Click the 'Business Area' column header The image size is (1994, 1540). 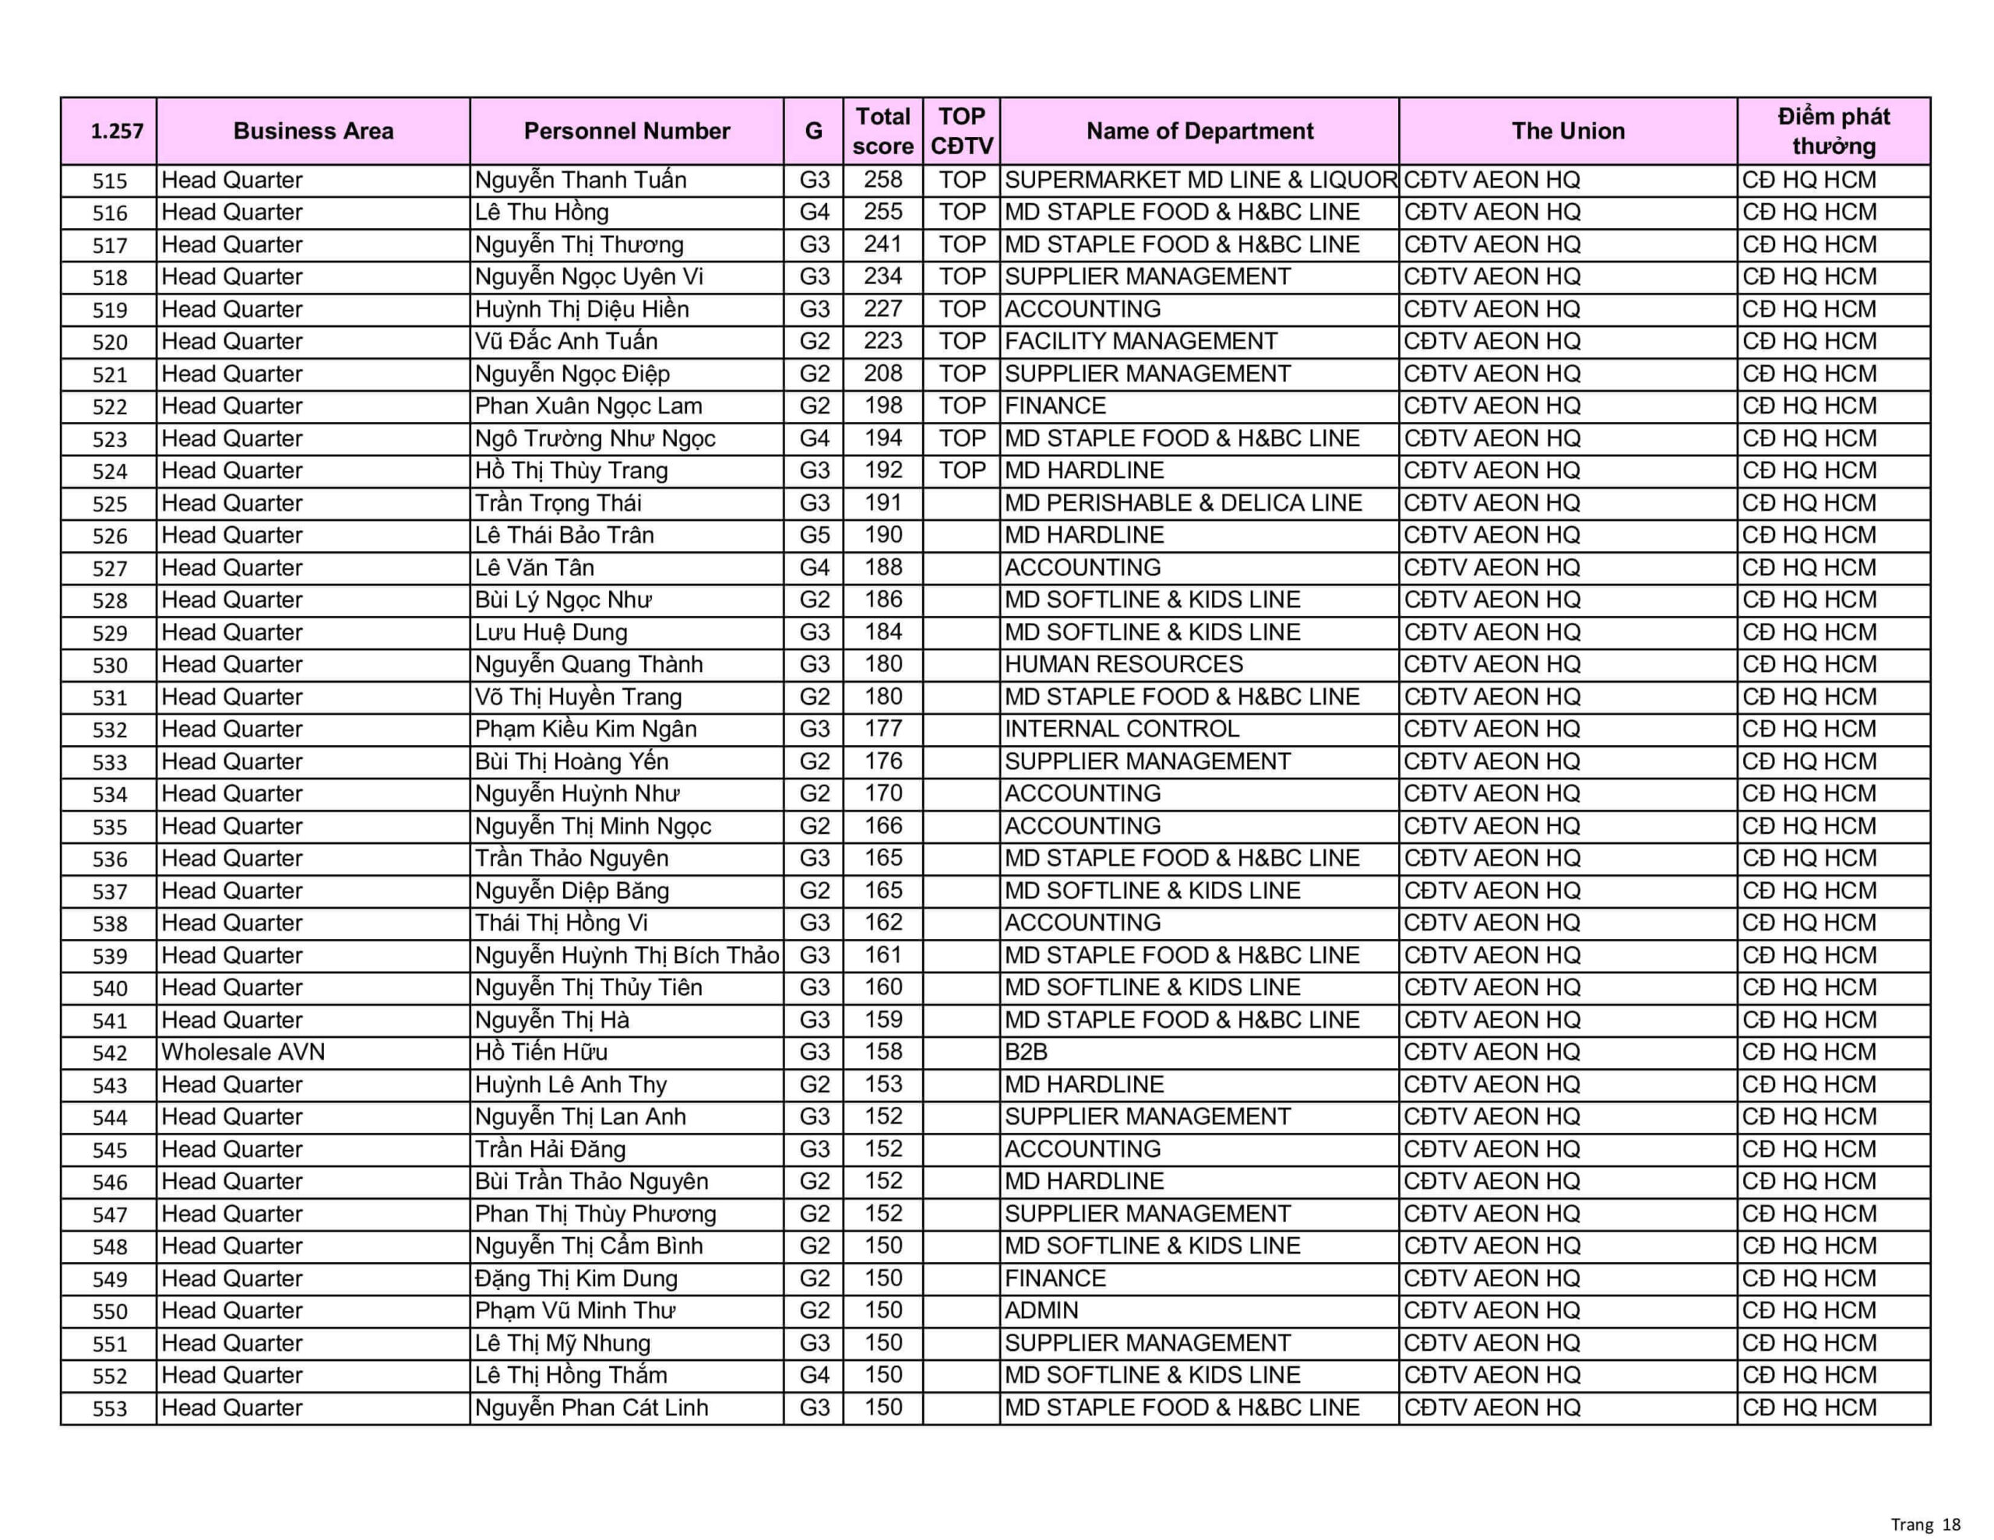coord(313,131)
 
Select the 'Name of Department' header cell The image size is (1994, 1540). coord(1199,131)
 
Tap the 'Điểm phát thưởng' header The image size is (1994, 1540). coord(1834,131)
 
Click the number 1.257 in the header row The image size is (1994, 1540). coord(117,132)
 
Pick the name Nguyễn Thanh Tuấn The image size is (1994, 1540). coord(580,180)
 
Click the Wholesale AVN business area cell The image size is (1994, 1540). coord(243,1052)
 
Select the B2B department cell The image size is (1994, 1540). coord(1027,1052)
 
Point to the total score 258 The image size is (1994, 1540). coord(883,180)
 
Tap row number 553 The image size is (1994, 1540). coord(110,1408)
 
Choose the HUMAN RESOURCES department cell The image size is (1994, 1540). coord(1124,665)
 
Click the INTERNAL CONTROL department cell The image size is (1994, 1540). coord(1122,729)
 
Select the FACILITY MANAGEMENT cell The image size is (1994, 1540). coord(1141,342)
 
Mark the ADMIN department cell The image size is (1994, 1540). coord(1041,1311)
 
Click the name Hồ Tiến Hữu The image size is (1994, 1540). coord(541,1052)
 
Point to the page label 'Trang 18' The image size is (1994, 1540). coord(1925,1524)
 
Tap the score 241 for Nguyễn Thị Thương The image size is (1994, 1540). coord(883,244)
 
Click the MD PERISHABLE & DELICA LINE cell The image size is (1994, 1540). coord(1183,503)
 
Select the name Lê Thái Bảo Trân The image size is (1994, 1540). coord(564,535)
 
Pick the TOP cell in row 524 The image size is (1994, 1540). coord(962,471)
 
